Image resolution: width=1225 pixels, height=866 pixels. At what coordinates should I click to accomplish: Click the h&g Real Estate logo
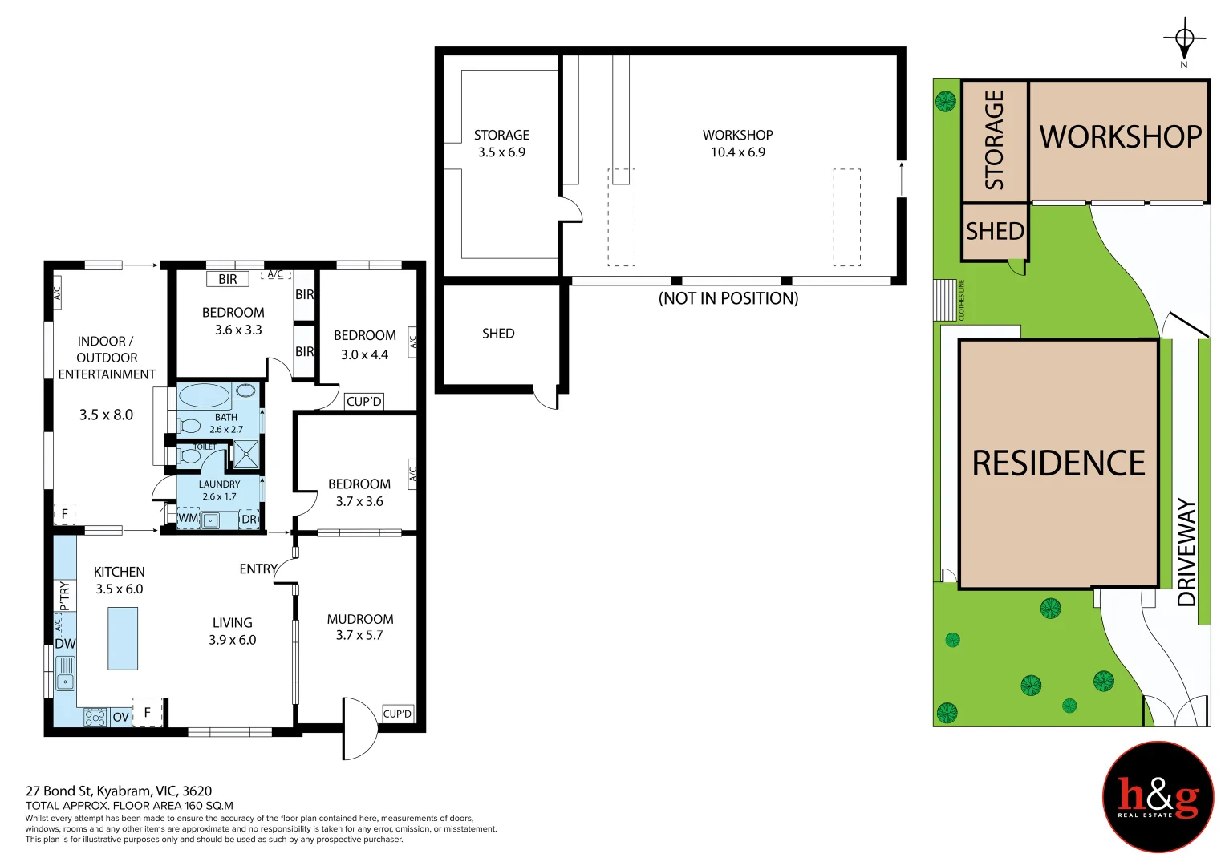1158,796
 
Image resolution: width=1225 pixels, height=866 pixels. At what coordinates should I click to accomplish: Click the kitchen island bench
123,638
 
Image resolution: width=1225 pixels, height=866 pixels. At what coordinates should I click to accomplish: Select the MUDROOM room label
360,619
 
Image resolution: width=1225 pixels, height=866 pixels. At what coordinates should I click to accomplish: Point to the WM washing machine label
189,517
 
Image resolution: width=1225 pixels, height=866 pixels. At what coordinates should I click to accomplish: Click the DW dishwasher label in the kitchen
65,643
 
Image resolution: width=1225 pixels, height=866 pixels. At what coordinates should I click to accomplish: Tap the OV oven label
121,717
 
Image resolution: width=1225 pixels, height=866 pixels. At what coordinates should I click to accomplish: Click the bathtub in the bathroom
204,395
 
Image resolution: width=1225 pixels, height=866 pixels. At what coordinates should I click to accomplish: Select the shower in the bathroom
246,454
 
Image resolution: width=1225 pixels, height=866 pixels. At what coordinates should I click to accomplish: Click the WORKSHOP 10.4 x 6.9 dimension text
738,152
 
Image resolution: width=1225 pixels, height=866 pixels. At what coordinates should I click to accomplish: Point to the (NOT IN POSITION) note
728,298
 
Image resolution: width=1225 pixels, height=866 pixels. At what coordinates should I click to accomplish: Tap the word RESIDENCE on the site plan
1059,463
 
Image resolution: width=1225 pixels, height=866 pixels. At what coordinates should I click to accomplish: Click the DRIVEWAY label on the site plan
1186,552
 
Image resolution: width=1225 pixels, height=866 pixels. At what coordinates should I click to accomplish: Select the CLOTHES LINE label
961,300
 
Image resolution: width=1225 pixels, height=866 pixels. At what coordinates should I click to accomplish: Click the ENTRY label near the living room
258,569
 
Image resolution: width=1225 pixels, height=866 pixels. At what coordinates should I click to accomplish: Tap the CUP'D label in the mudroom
398,714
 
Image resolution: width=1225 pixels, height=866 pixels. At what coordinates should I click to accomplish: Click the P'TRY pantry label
64,595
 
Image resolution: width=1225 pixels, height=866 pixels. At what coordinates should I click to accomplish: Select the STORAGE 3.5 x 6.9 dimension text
501,152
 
